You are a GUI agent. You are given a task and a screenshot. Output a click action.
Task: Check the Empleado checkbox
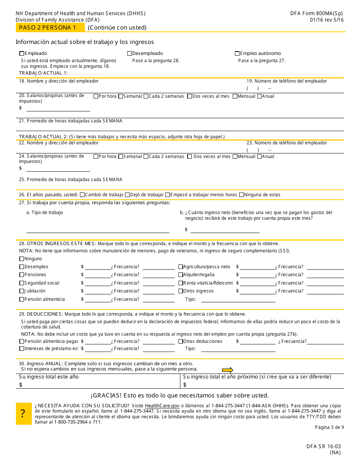(22, 53)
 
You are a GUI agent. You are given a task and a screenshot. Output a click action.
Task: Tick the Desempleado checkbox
(130, 53)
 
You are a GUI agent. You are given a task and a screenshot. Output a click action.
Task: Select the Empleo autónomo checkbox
(237, 53)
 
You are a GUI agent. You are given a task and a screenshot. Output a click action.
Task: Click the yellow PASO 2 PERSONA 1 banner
(50, 28)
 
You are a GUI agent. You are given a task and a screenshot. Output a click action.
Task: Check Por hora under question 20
(96, 96)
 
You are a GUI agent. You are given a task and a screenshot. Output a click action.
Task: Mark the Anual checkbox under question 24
(260, 156)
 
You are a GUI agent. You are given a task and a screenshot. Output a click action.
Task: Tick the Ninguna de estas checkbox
(241, 195)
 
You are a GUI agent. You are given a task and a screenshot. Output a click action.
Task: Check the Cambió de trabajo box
(82, 195)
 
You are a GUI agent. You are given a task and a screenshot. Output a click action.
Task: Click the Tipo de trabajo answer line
(98, 230)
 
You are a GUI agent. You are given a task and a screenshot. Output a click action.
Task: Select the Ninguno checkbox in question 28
(22, 259)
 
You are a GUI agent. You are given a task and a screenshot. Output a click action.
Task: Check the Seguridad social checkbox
(22, 283)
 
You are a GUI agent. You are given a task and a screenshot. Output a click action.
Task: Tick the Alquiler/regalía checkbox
(181, 275)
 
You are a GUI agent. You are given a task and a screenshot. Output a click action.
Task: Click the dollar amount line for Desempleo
(97, 267)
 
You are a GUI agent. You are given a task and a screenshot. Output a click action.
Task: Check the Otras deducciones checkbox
(181, 341)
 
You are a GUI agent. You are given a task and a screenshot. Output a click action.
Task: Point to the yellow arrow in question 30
(227, 370)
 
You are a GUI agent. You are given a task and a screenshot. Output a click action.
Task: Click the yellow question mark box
(23, 414)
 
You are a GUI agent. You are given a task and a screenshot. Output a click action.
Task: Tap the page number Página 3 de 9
(329, 427)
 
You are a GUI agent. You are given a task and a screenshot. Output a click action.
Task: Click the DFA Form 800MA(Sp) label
(317, 13)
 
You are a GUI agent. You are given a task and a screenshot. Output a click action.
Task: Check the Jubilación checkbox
(22, 291)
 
